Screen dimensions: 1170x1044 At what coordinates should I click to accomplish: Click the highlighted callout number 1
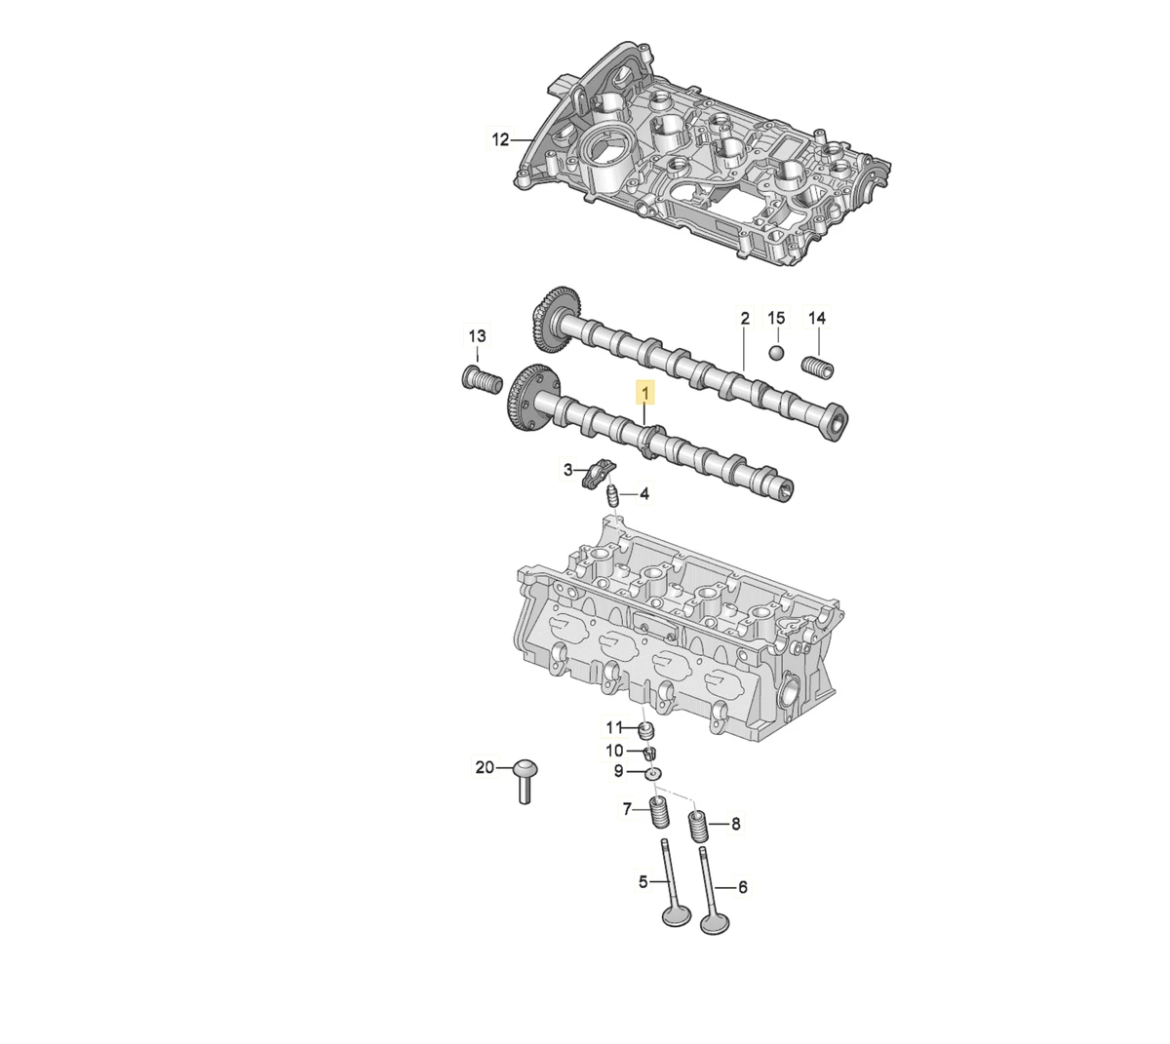(645, 394)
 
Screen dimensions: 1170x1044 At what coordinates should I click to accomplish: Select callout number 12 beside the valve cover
(501, 139)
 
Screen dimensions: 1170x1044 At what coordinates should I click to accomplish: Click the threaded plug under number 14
(817, 367)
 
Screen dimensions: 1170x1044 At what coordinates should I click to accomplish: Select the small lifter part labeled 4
(612, 495)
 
